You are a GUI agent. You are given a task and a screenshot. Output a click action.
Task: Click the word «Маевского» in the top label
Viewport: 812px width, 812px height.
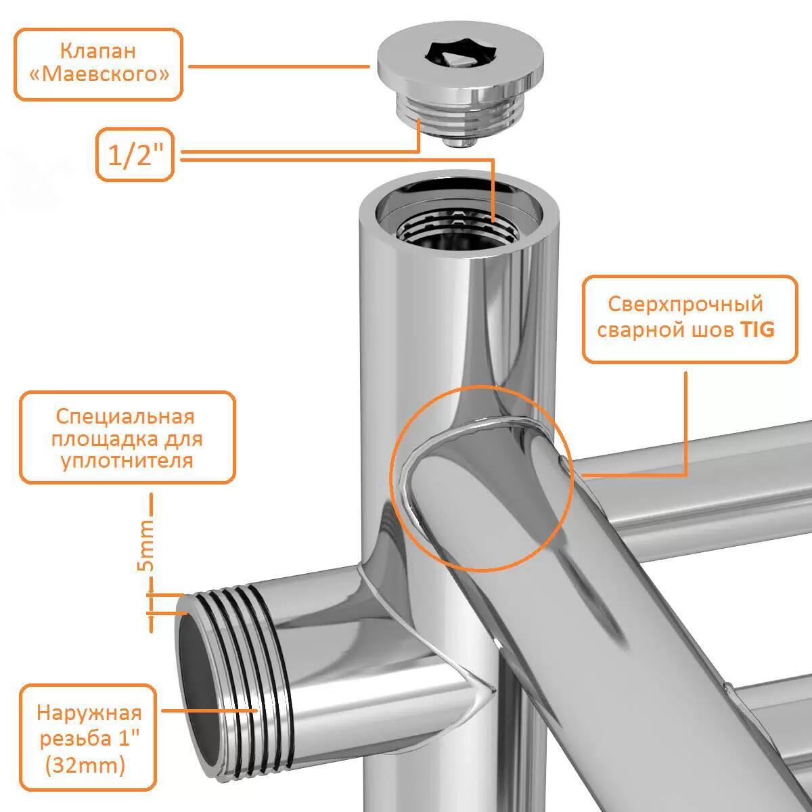(99, 74)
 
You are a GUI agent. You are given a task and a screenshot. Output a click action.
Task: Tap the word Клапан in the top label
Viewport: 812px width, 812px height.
(99, 51)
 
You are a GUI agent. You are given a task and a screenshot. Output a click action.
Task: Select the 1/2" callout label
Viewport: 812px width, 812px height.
(135, 155)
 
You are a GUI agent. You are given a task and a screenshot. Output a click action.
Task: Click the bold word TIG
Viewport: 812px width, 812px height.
(758, 330)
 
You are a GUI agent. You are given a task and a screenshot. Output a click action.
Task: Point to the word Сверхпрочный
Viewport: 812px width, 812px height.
(685, 304)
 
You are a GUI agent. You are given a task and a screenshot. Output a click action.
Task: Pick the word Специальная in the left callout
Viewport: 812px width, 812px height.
(125, 417)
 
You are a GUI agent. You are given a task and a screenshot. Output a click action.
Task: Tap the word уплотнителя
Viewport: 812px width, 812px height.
(127, 461)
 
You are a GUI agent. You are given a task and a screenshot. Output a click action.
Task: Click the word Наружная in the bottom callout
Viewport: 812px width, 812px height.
(89, 713)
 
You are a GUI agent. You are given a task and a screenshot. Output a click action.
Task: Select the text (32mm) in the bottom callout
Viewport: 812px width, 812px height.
(85, 765)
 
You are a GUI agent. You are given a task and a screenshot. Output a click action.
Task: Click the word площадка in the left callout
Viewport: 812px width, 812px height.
(104, 440)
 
